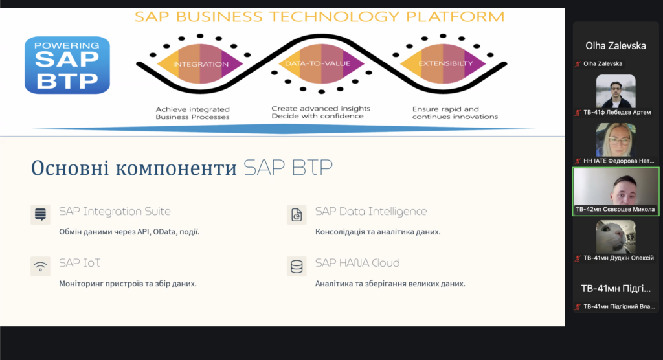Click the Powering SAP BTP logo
point(67,65)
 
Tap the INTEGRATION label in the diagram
point(201,64)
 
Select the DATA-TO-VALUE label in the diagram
point(317,63)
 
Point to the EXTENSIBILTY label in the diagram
point(445,63)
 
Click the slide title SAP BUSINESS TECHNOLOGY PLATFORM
point(320,17)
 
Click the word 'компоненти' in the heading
point(176,168)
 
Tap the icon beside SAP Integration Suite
point(41,214)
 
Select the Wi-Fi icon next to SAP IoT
point(41,267)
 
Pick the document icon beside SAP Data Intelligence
point(297,214)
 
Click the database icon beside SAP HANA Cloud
point(297,267)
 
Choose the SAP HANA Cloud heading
point(357,263)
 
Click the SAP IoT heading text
point(80,263)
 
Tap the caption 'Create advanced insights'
point(321,109)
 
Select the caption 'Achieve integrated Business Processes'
point(193,113)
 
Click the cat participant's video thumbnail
point(616,237)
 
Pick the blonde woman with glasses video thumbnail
point(616,140)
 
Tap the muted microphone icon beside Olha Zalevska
point(578,64)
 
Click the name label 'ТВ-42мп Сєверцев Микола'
point(615,209)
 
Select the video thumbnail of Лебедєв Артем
point(616,91)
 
